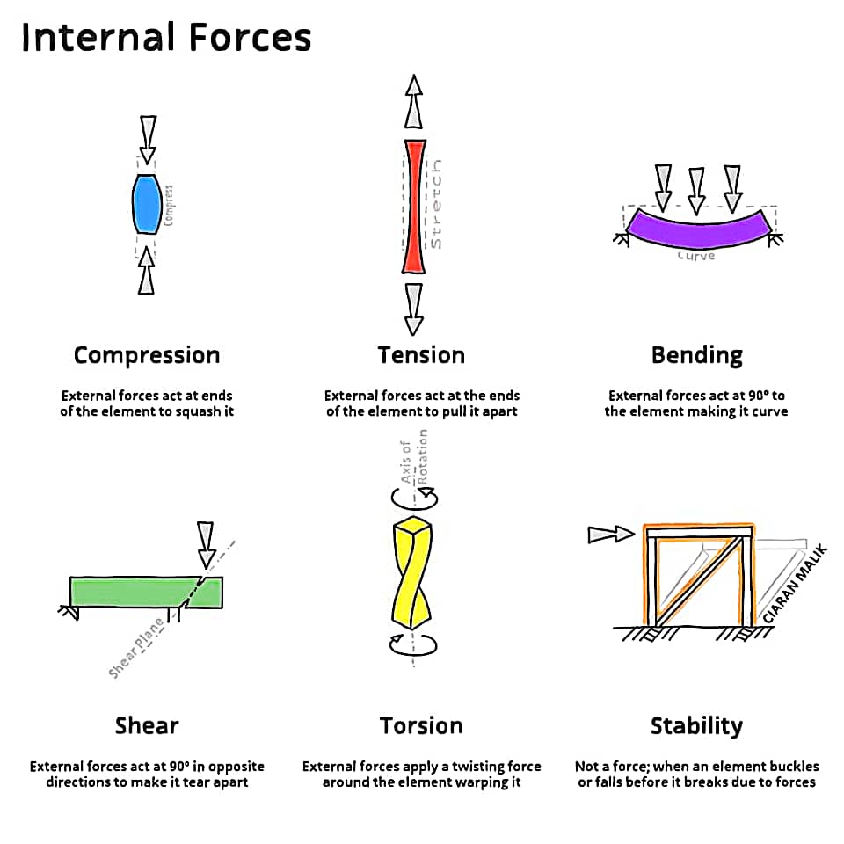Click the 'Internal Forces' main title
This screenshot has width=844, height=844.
(x=166, y=38)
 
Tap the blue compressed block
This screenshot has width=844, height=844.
(x=146, y=204)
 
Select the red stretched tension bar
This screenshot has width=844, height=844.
(x=414, y=207)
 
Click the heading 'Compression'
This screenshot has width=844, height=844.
(x=147, y=355)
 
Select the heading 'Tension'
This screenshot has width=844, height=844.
(x=421, y=355)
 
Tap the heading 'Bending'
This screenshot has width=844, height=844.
(x=696, y=355)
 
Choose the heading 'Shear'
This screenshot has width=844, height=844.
(x=147, y=726)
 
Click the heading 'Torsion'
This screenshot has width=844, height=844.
(x=421, y=726)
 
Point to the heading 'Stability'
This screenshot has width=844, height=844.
(x=696, y=726)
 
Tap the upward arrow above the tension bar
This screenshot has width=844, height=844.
(x=413, y=100)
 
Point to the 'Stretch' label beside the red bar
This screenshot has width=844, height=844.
(x=436, y=204)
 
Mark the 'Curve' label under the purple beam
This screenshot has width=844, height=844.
(x=696, y=256)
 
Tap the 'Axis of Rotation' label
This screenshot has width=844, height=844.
(x=413, y=457)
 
